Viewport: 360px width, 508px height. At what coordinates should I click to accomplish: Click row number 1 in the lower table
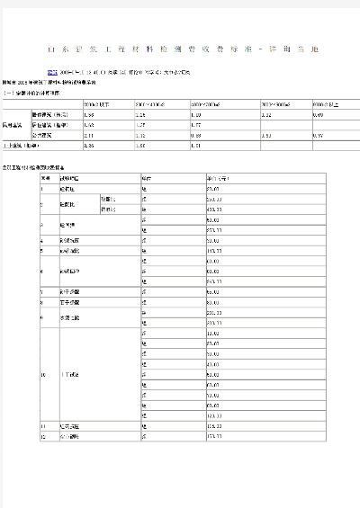[42, 188]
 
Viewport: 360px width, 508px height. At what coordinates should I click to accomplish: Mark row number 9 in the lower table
[42, 316]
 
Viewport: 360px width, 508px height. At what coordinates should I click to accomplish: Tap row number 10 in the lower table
[43, 373]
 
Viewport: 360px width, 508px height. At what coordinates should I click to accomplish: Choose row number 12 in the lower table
[43, 436]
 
